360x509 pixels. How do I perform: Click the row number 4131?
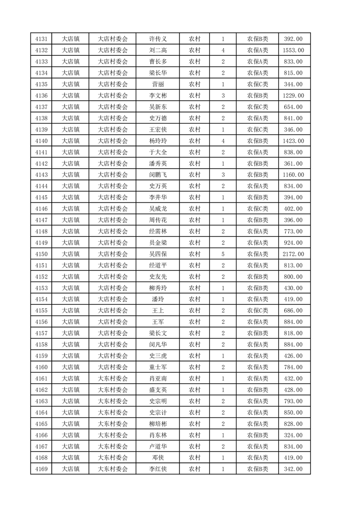click(x=41, y=39)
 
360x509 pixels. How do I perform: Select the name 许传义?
click(x=158, y=39)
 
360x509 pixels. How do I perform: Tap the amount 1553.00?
click(x=293, y=50)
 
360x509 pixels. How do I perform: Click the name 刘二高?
click(x=158, y=50)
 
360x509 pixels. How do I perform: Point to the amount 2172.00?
click(x=293, y=254)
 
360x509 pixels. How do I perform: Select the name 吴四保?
click(x=158, y=254)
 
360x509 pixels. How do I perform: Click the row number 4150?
click(x=41, y=254)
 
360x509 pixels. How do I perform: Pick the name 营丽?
click(x=158, y=84)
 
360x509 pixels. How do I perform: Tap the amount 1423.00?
click(x=293, y=141)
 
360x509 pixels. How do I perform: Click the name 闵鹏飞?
click(x=158, y=175)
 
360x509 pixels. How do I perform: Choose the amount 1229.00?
click(x=293, y=96)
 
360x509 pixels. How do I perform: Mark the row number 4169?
click(x=41, y=469)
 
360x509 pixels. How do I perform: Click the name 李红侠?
click(x=158, y=469)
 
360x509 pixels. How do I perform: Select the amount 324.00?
click(x=293, y=435)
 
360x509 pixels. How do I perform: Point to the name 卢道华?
click(x=158, y=446)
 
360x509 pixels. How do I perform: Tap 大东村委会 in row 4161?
click(x=113, y=378)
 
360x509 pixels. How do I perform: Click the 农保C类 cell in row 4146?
click(x=257, y=209)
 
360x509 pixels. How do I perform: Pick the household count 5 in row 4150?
click(x=223, y=254)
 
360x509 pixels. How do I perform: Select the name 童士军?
click(x=158, y=367)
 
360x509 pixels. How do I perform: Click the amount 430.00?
click(x=293, y=288)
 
